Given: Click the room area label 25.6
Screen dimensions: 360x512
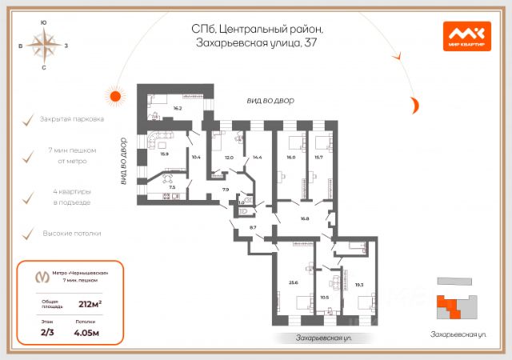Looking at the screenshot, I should (x=294, y=282).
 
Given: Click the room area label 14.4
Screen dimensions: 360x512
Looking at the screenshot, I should (x=257, y=158).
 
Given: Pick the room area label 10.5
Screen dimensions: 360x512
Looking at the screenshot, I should (x=324, y=296).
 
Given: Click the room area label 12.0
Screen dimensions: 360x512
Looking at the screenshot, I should (x=229, y=158).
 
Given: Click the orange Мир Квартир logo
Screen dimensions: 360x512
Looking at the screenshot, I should (x=466, y=35).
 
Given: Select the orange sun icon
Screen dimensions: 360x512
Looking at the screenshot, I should (x=115, y=97).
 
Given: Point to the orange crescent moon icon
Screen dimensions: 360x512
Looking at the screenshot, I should (x=414, y=103).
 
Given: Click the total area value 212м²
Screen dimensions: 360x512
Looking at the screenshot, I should (x=90, y=303).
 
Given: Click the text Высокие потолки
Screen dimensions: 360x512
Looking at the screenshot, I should (x=72, y=234).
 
